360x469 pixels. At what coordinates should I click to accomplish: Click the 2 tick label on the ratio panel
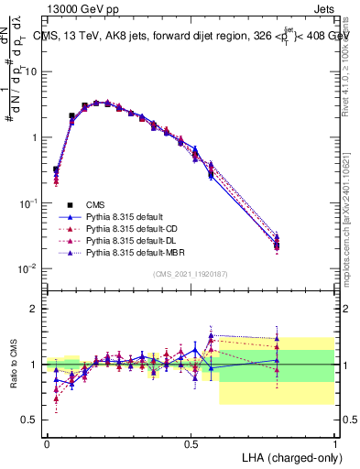(34, 309)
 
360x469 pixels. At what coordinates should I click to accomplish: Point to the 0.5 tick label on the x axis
(191, 443)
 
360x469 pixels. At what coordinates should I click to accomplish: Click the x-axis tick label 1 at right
(334, 443)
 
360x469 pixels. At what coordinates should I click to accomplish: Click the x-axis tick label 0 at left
(47, 443)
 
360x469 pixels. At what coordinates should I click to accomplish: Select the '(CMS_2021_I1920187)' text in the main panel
(191, 274)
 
